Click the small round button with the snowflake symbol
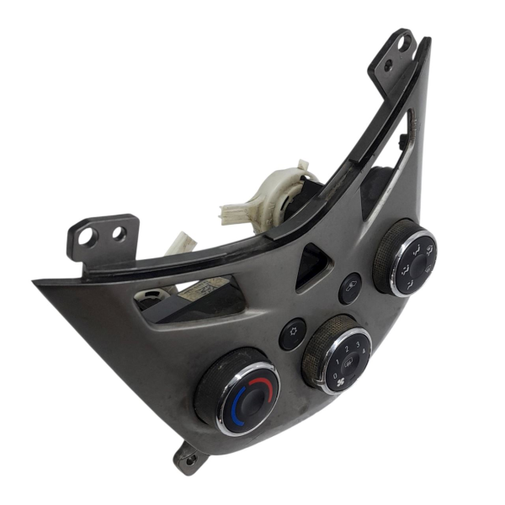click(x=293, y=333)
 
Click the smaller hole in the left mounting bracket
click(x=120, y=232)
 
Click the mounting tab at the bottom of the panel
click(x=188, y=458)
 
